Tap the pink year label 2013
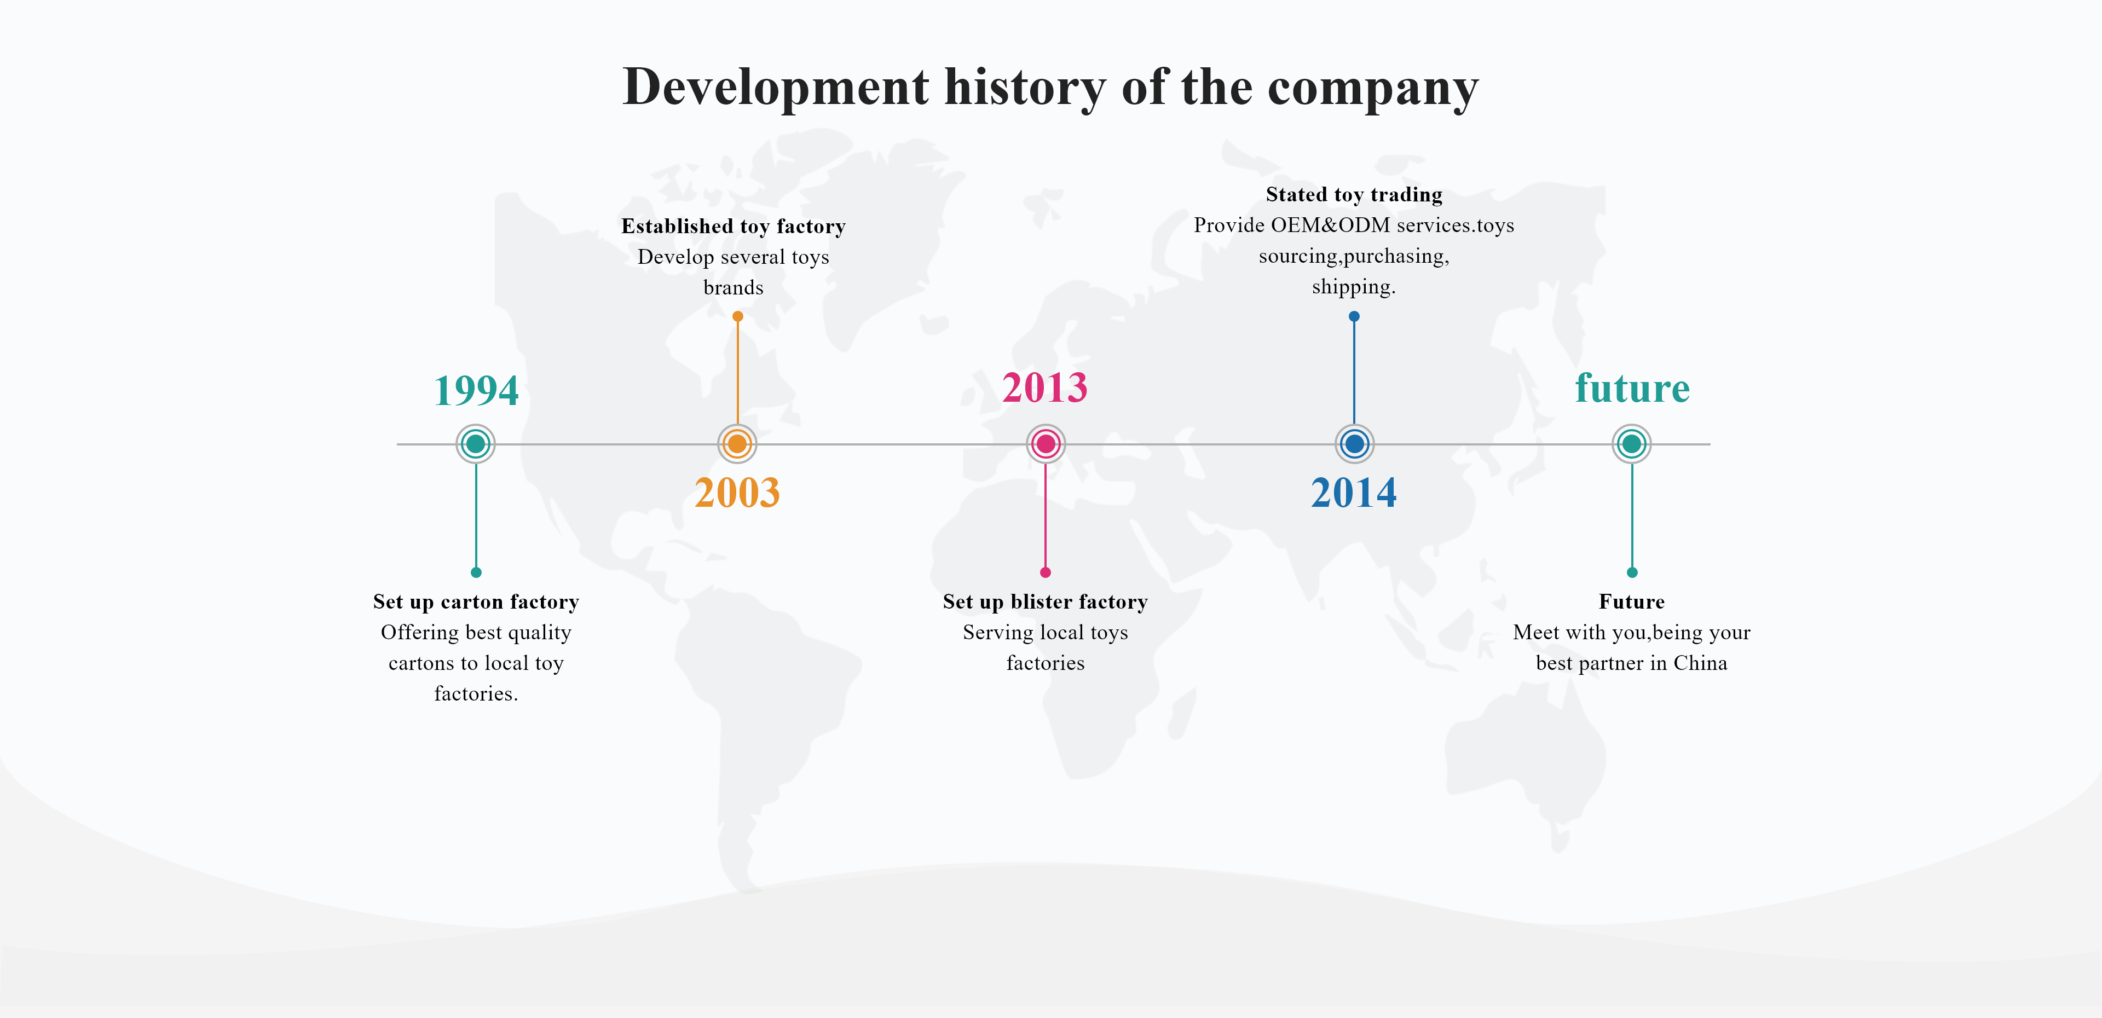tap(1046, 387)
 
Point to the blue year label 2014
tap(1354, 493)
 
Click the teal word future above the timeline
tap(1632, 388)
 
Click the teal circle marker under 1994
tap(476, 444)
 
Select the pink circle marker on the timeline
tap(1046, 444)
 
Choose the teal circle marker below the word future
tap(1632, 444)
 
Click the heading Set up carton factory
tap(476, 602)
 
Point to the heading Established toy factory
tap(734, 226)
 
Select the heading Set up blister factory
tap(1046, 602)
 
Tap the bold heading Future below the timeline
tap(1632, 602)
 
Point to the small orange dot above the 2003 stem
tap(738, 316)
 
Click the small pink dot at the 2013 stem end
tap(1046, 572)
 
